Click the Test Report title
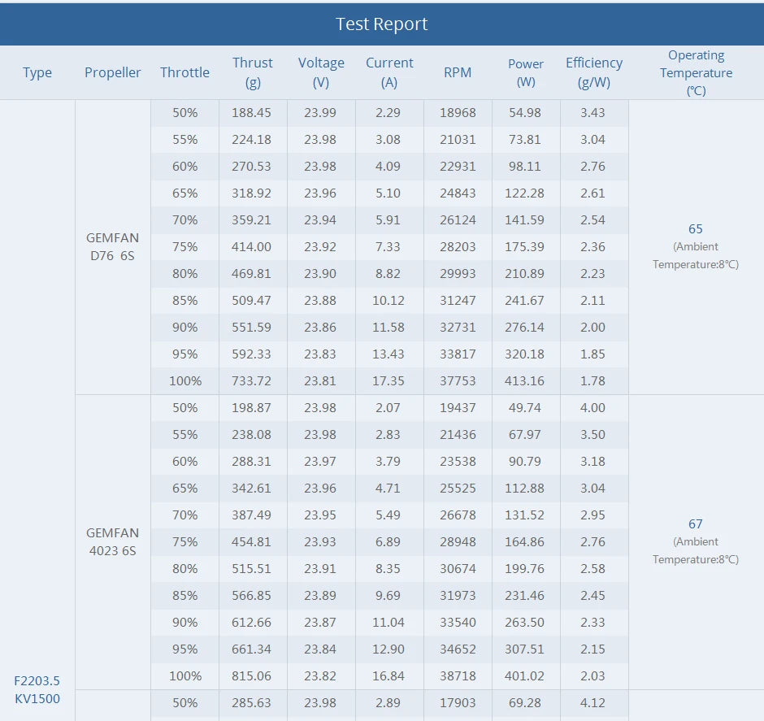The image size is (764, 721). pos(381,24)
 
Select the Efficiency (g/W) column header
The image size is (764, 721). pos(593,72)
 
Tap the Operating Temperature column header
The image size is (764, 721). pos(696,72)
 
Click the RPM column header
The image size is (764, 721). pos(458,72)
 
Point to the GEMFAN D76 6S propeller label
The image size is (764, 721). pos(112,246)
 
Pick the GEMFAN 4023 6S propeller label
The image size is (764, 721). pos(112,541)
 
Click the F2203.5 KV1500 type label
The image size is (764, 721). pos(37,689)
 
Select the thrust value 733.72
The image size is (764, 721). pos(252,380)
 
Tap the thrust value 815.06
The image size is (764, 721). pos(252,675)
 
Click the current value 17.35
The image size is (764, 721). pos(389,380)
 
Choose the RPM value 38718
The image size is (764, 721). pos(458,675)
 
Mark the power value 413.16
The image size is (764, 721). pos(525,380)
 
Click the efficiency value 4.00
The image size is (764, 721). pos(593,407)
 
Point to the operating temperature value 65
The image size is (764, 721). pos(695,229)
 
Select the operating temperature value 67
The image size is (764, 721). pos(695,524)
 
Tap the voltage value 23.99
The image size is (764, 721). pos(320,112)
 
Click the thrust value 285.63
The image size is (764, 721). pos(252,702)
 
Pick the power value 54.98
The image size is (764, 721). pos(525,112)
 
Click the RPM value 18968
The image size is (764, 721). pos(458,112)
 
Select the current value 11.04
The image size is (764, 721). pos(389,622)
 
